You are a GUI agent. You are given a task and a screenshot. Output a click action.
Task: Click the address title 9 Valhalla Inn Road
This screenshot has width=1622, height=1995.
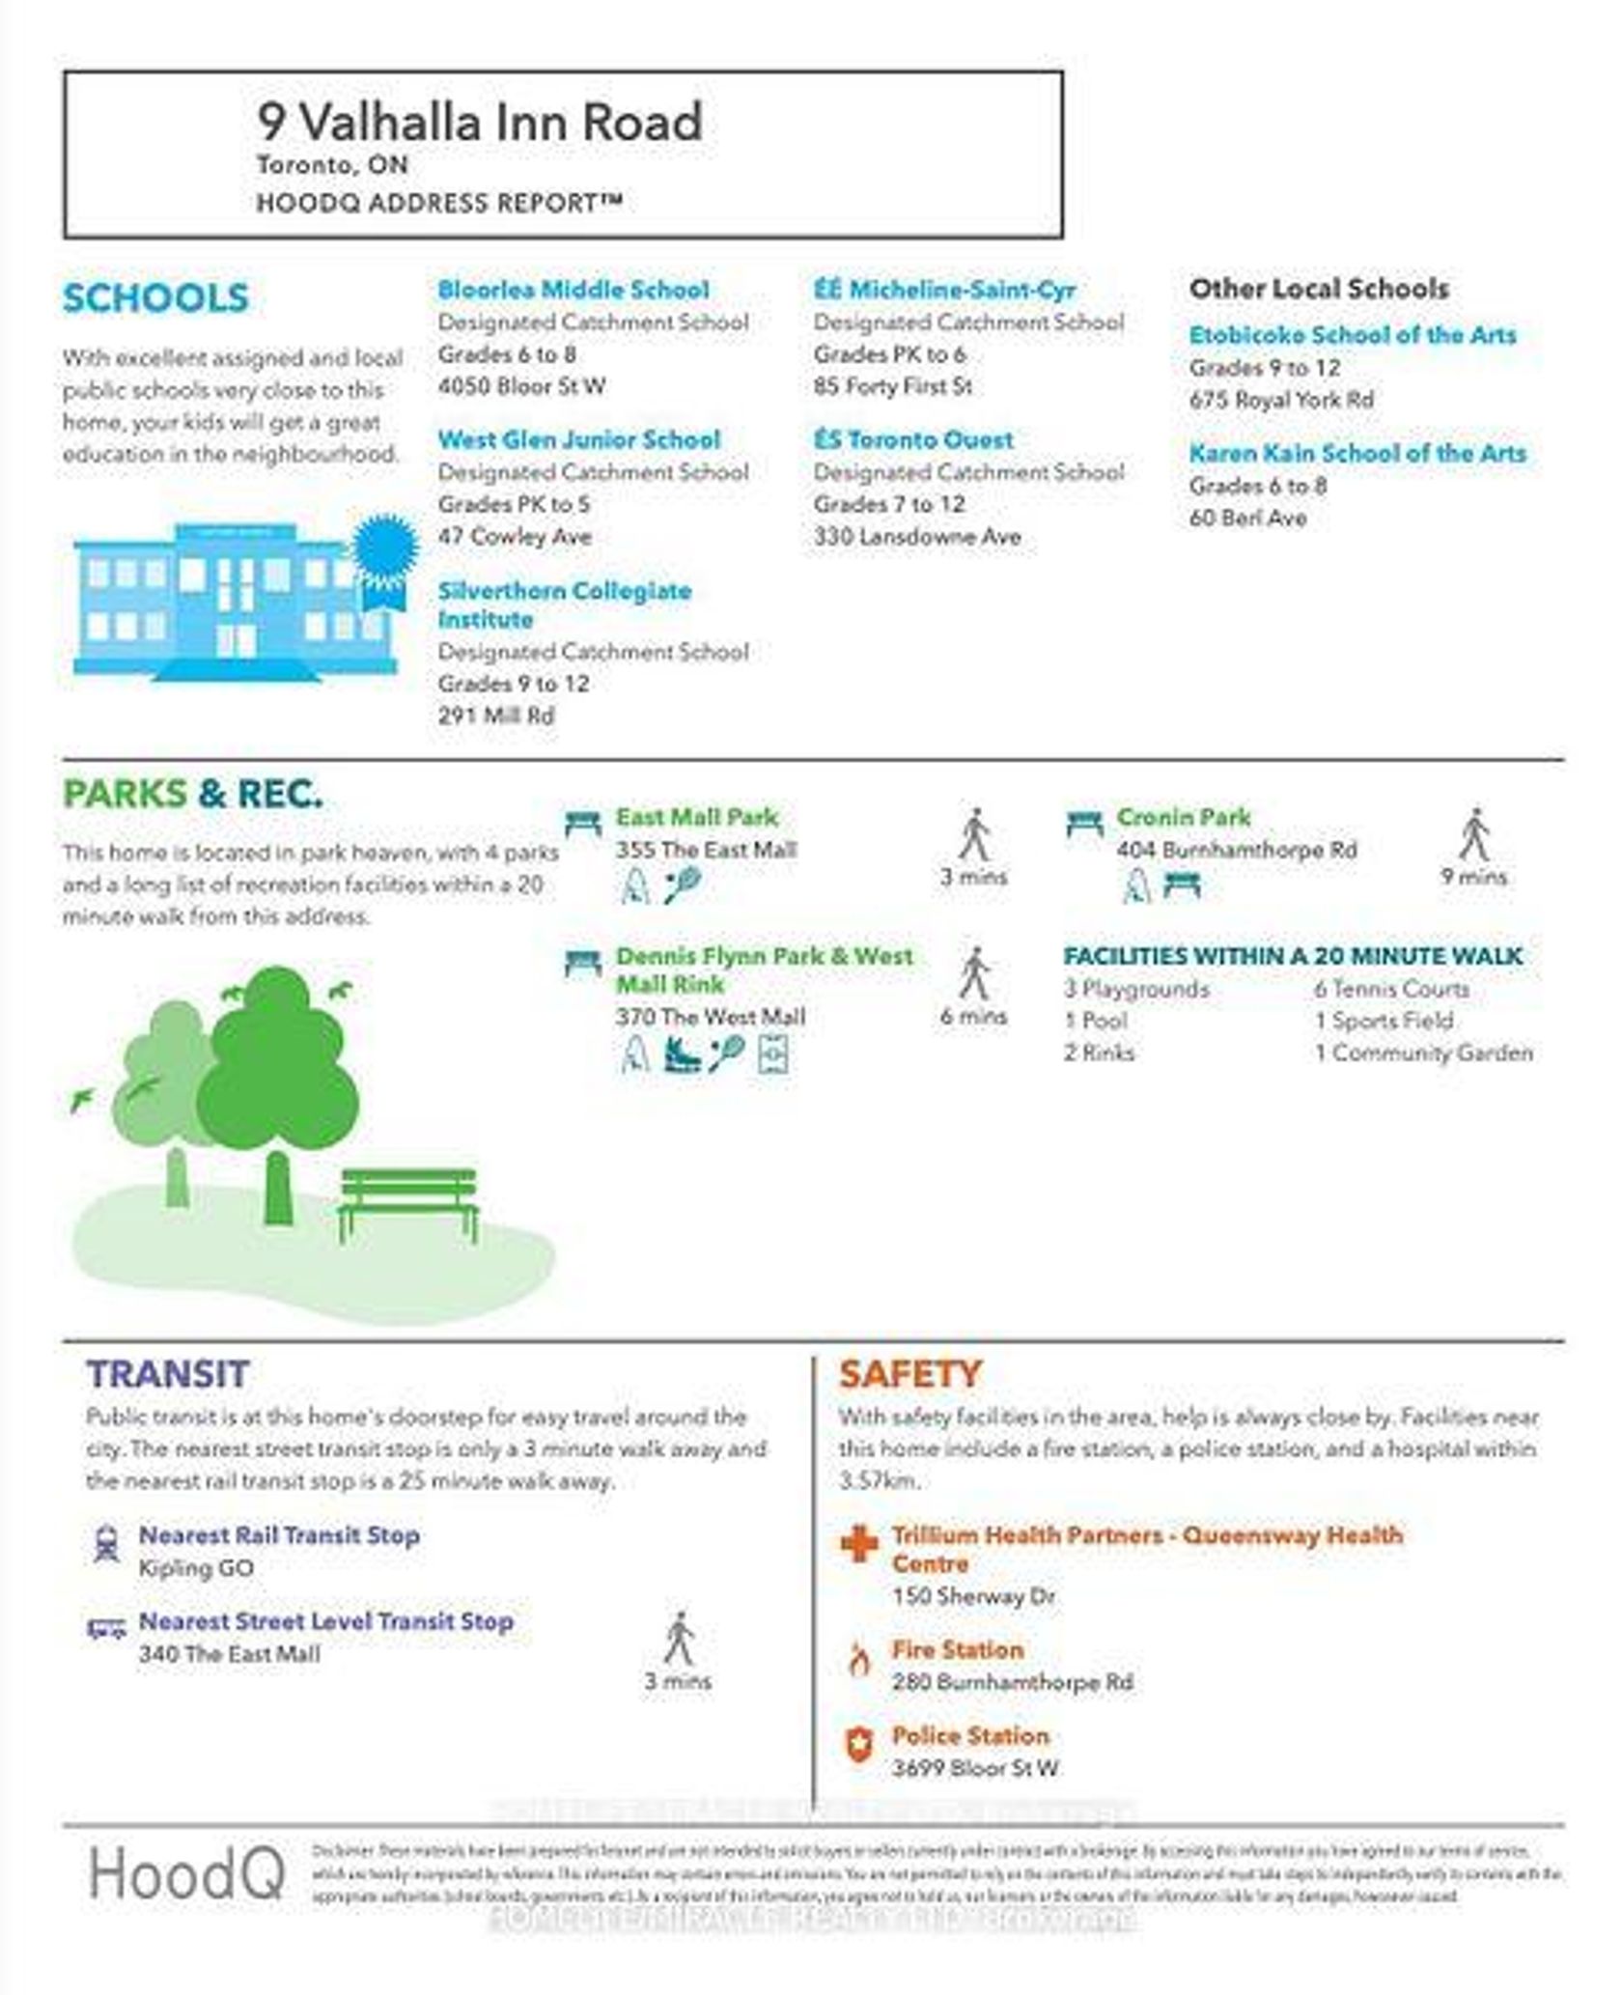[479, 123]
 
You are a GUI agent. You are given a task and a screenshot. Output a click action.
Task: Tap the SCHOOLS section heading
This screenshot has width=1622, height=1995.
[155, 298]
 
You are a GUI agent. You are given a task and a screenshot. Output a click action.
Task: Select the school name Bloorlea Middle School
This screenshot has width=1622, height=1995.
[573, 290]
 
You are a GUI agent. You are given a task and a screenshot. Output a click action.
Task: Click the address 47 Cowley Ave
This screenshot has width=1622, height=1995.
[514, 537]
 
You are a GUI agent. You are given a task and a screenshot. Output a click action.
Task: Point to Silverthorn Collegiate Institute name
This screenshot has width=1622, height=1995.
[564, 604]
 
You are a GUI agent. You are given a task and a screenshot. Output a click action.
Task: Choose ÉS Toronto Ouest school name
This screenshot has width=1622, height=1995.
[912, 440]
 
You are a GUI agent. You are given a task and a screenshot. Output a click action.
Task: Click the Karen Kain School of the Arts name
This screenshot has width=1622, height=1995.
[1356, 454]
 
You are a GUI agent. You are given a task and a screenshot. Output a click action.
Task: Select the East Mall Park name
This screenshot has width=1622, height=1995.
[696, 818]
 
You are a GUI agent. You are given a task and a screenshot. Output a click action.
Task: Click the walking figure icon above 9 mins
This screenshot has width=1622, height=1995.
[1473, 835]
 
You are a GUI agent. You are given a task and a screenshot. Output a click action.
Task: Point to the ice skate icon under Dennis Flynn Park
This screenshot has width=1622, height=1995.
[681, 1054]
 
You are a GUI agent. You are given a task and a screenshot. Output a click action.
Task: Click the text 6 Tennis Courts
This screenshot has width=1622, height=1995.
[1390, 989]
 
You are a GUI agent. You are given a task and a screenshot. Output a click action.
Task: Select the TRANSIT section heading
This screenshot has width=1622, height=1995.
[168, 1374]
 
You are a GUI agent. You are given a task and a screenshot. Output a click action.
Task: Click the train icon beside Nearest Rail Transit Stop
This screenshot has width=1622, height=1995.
[106, 1543]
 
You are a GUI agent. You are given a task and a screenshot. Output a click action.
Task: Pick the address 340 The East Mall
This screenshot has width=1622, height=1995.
[229, 1654]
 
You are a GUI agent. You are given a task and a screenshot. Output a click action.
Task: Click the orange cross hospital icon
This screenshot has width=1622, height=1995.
[858, 1544]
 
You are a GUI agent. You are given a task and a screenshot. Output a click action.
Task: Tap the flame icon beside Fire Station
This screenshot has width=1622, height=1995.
[858, 1660]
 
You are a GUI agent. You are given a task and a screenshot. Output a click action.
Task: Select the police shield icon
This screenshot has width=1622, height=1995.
[858, 1745]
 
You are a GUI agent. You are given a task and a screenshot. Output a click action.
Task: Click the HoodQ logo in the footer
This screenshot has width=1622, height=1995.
[187, 1874]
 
